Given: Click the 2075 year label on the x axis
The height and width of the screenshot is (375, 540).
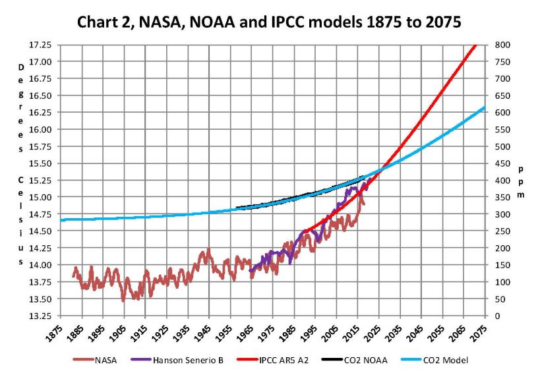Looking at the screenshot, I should pyautogui.click(x=477, y=331).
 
